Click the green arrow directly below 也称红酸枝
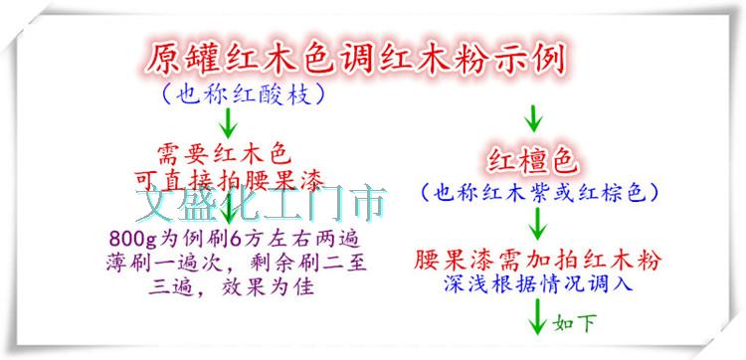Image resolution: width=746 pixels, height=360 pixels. click(229, 123)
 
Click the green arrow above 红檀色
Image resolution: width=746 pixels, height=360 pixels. click(533, 118)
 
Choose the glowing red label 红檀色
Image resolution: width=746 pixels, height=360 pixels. click(532, 163)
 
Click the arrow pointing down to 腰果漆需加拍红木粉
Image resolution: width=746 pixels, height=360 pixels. click(538, 224)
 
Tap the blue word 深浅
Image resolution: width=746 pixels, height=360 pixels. click(463, 283)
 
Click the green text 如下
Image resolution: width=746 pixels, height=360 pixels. click(574, 324)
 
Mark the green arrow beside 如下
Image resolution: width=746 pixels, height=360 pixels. click(537, 316)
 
